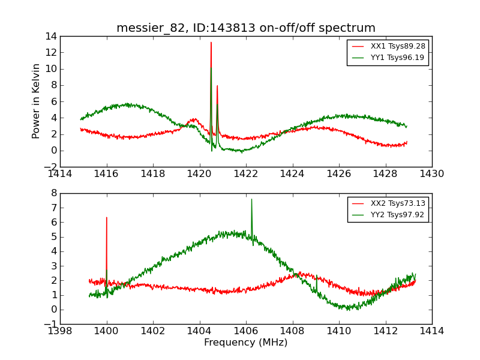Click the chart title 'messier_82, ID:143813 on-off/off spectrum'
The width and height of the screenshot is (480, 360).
pos(246,28)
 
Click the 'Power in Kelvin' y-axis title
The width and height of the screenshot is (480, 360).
pos(37,101)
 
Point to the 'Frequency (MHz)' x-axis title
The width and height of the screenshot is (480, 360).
pos(246,343)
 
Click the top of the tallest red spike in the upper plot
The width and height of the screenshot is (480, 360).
pos(211,42)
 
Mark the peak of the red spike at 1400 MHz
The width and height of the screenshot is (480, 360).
pos(107,217)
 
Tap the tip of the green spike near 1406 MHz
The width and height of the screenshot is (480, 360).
pos(251,199)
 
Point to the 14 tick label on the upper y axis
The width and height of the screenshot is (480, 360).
pos(50,36)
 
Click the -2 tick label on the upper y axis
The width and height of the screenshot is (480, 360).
pos(49,167)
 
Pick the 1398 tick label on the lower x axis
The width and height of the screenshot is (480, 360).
pos(61,331)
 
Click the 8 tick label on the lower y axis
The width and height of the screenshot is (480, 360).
pos(53,193)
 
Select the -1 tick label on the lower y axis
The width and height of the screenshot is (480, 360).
pos(50,324)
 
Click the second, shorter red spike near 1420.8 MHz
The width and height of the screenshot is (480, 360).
pos(217,85)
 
